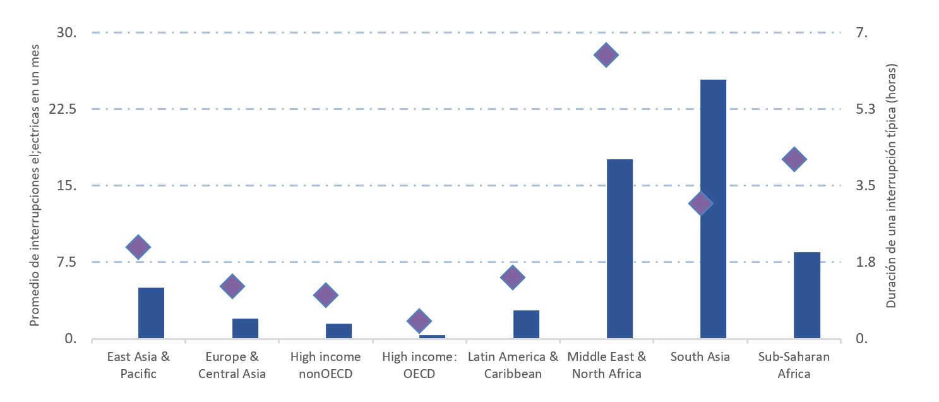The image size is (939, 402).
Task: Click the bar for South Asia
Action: click(x=713, y=209)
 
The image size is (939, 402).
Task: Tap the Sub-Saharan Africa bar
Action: click(x=806, y=295)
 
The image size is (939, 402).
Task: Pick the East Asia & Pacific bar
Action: click(x=151, y=313)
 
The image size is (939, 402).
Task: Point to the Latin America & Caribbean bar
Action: click(x=526, y=324)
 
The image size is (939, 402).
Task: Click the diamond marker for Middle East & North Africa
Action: click(x=606, y=55)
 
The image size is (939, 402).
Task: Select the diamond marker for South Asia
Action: click(x=700, y=204)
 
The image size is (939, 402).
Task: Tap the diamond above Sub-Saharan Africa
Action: click(x=794, y=159)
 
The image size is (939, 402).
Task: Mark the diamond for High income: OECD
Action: click(x=419, y=320)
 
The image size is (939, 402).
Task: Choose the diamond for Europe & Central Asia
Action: click(x=232, y=286)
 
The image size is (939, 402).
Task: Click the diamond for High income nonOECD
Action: click(x=325, y=295)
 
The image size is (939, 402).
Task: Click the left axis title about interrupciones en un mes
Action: click(x=35, y=185)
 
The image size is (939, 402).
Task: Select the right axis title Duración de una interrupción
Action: click(x=891, y=185)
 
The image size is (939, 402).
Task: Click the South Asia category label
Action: click(x=700, y=356)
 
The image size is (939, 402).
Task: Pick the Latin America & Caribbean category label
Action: click(x=513, y=365)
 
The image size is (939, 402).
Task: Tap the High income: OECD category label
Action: click(x=419, y=365)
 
